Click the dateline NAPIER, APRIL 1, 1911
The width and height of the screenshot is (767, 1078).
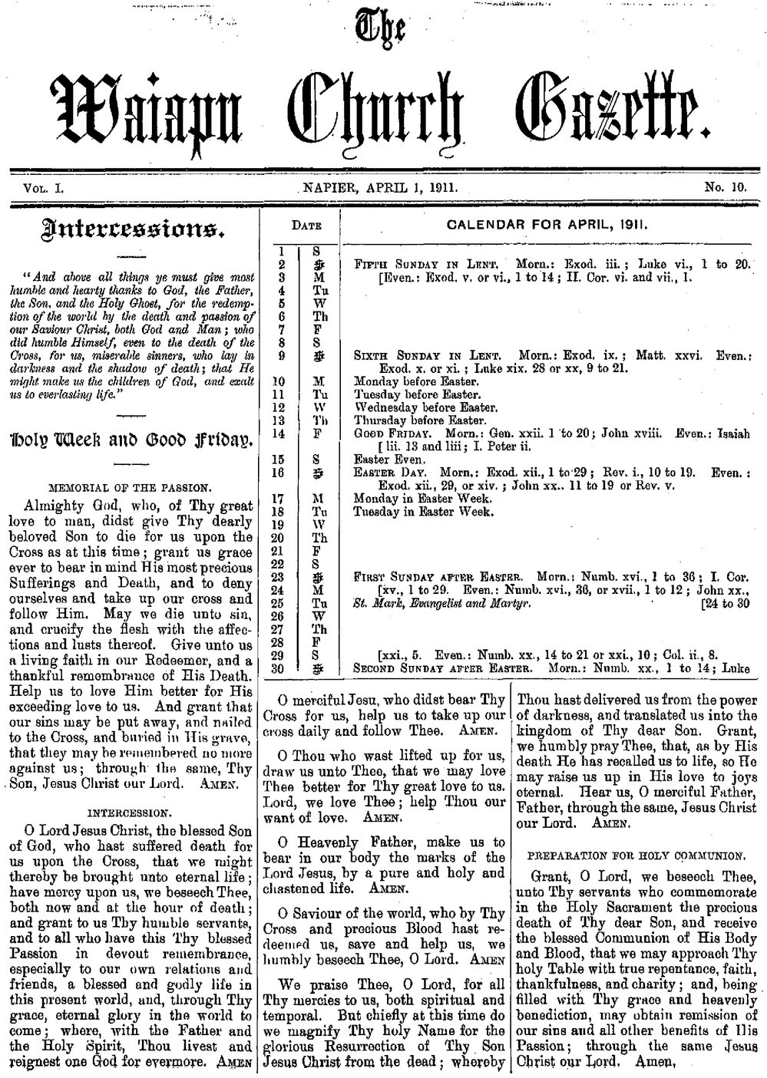pos(381,186)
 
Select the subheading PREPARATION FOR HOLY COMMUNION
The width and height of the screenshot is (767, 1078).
pos(636,854)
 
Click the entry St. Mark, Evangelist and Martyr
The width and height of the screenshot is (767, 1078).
pos(441,602)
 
